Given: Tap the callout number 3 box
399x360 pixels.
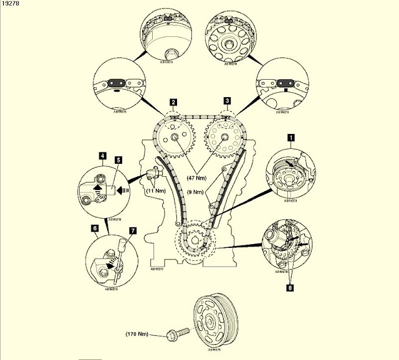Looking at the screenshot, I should tap(228, 101).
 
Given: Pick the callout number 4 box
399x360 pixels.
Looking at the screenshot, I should tap(102, 154).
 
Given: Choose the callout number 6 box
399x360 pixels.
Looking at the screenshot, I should tap(95, 229).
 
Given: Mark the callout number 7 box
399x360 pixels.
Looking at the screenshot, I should tap(132, 230).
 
